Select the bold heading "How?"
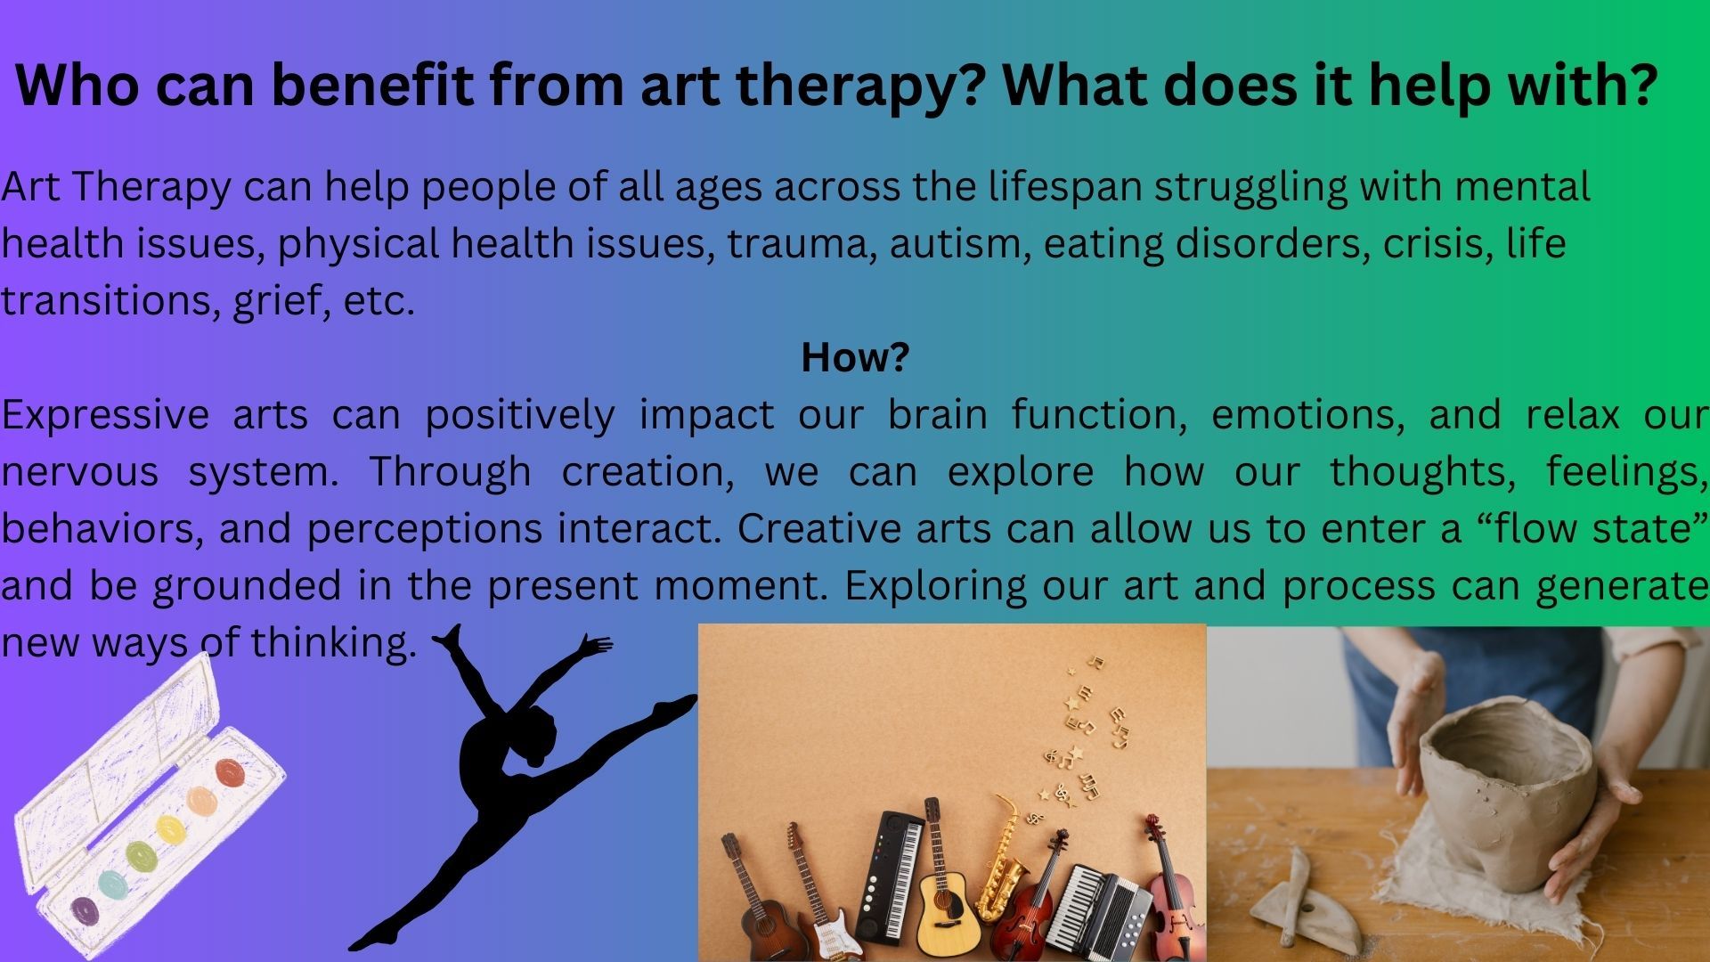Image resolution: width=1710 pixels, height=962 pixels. coord(855,357)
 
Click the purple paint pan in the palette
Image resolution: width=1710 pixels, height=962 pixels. coord(85,909)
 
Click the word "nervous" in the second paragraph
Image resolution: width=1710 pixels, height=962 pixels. coord(80,473)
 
